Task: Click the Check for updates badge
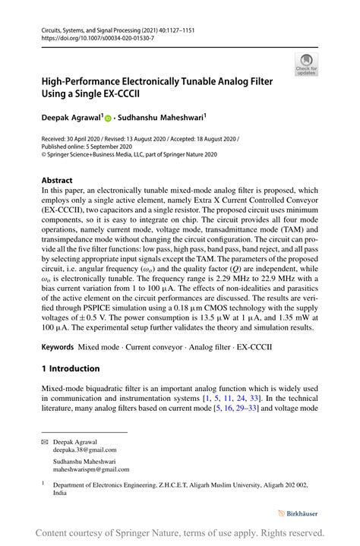(x=307, y=65)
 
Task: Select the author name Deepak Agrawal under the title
(x=71, y=118)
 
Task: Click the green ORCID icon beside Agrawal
(x=108, y=119)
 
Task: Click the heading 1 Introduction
(x=71, y=368)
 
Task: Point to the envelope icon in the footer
(x=46, y=440)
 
